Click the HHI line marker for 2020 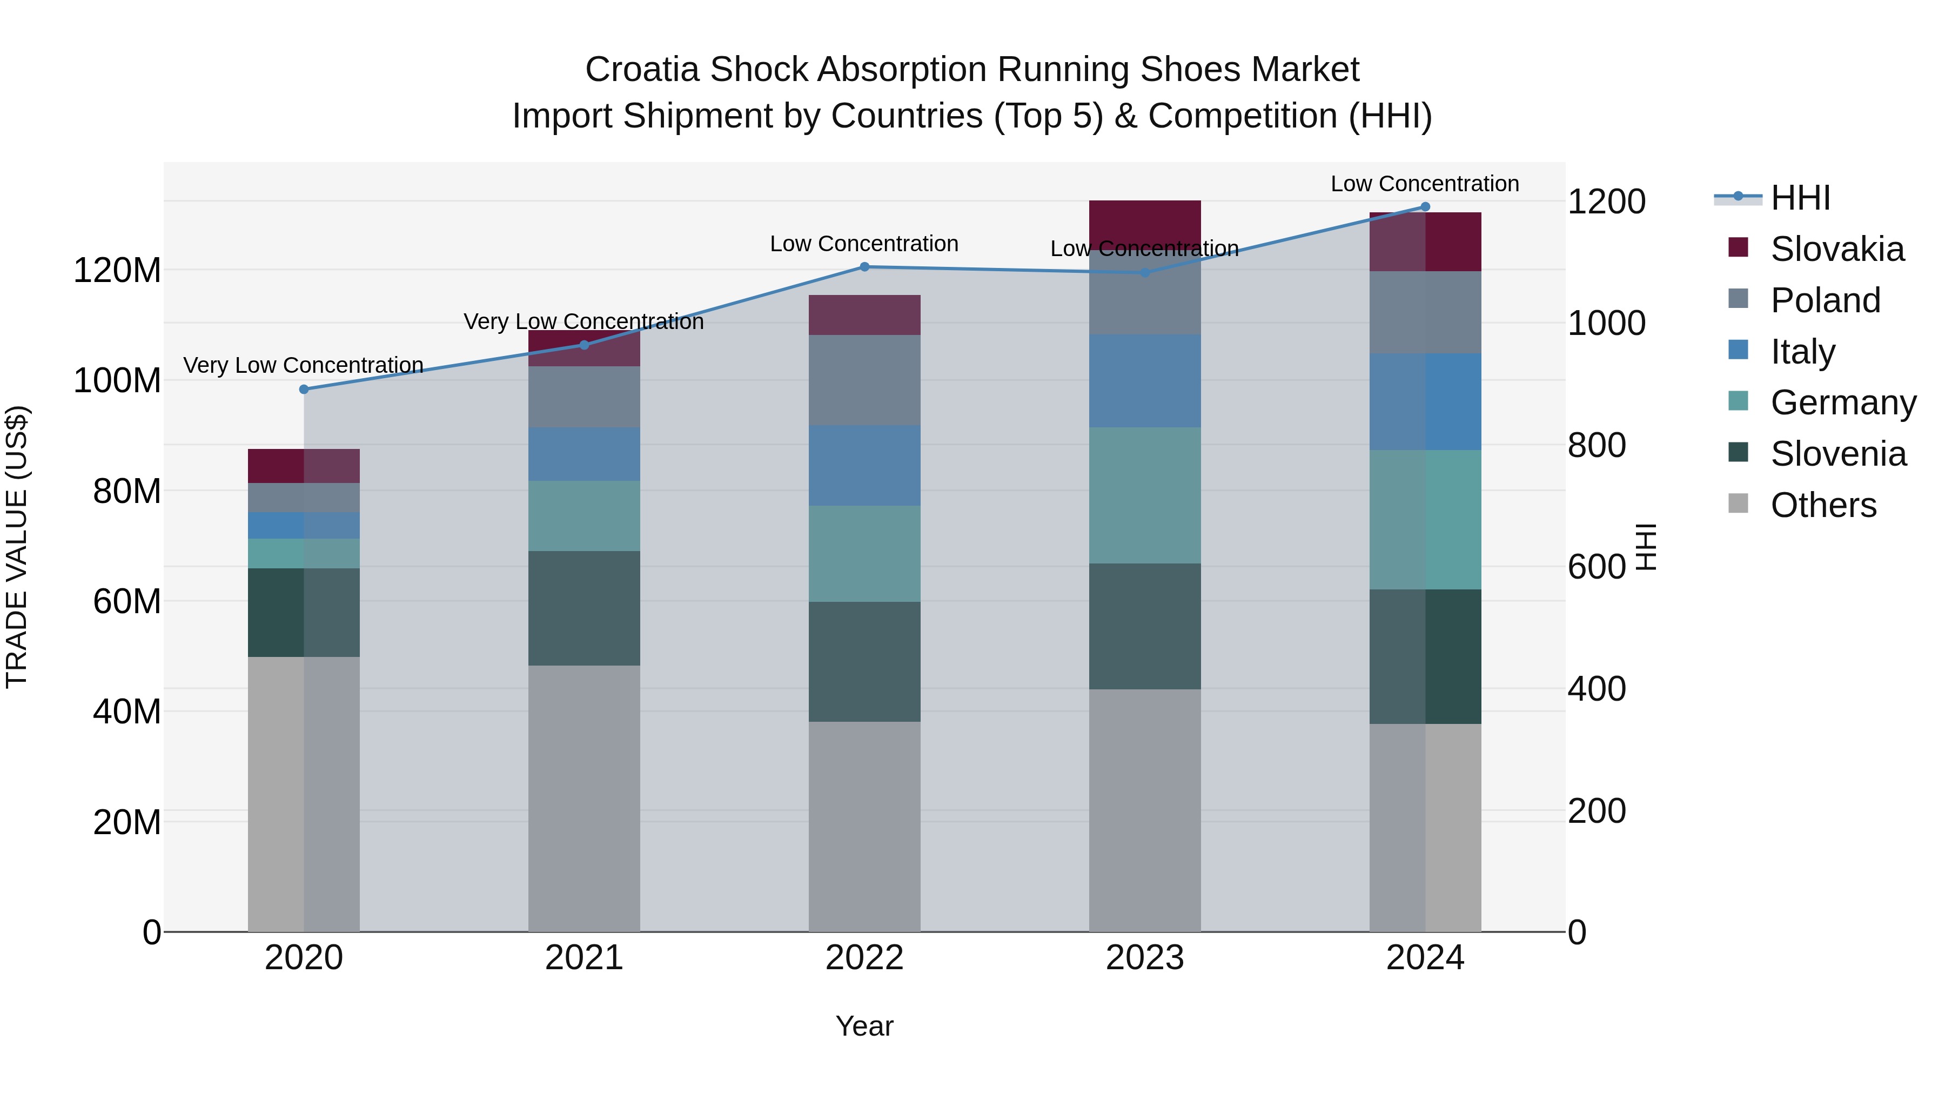click(x=304, y=390)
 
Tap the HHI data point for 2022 click(x=864, y=266)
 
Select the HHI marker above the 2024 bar click(x=1426, y=207)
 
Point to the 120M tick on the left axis click(x=117, y=270)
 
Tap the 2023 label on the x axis click(x=1145, y=958)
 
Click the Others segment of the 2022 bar click(x=864, y=826)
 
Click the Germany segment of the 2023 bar click(x=1145, y=495)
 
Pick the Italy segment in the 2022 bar click(x=864, y=465)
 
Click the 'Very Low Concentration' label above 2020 click(x=303, y=365)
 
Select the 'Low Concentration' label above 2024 click(x=1425, y=184)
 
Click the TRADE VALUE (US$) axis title click(x=17, y=547)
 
